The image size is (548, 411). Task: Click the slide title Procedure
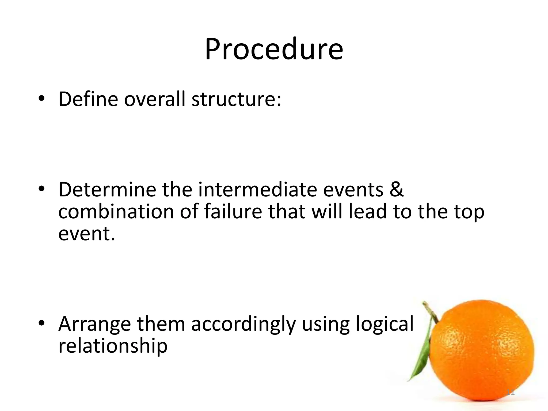click(x=274, y=50)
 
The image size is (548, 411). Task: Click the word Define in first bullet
click(x=88, y=99)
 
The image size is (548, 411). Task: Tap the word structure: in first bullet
click(x=236, y=99)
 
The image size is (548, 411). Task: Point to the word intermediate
click(x=258, y=190)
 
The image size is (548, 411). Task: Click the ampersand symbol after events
click(x=396, y=190)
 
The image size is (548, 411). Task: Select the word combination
click(x=116, y=212)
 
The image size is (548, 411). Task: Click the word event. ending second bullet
click(x=86, y=234)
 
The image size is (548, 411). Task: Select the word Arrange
click(x=95, y=324)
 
